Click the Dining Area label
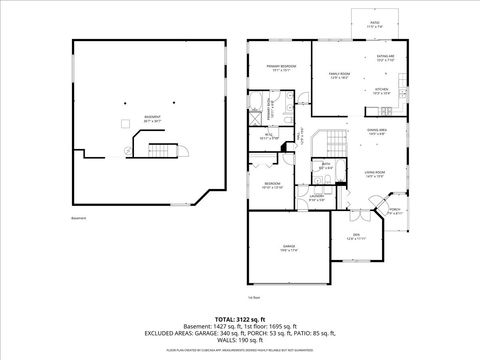pos(377,131)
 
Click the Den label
pos(357,237)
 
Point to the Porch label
pos(394,212)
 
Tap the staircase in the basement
pos(161,151)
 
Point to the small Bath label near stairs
pos(325,165)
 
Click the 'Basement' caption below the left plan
pos(79,217)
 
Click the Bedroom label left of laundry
pos(272,186)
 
